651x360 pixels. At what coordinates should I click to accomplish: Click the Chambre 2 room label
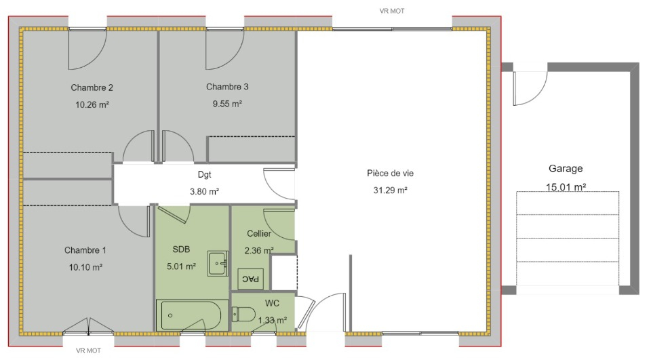[92, 87]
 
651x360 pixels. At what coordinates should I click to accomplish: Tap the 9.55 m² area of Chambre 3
[227, 104]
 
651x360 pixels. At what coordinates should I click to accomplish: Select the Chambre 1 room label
[85, 250]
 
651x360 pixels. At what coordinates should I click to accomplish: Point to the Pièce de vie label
[391, 173]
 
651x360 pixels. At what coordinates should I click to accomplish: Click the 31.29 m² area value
[391, 191]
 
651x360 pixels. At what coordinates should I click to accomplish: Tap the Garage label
[566, 169]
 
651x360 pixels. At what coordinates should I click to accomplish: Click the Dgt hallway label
[204, 175]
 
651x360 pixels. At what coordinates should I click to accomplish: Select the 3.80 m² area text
[204, 191]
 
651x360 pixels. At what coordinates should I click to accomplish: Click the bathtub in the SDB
[192, 315]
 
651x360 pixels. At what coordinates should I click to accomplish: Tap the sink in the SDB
[218, 263]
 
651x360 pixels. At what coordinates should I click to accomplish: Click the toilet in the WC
[243, 315]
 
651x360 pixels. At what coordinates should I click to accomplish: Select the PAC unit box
[250, 279]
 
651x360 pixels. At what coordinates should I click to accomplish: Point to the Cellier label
[259, 234]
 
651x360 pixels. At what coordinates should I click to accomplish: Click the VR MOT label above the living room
[392, 12]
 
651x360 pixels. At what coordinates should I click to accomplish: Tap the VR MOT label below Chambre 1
[88, 351]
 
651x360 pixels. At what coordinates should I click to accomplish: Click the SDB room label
[182, 249]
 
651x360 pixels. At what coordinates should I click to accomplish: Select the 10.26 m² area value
[92, 104]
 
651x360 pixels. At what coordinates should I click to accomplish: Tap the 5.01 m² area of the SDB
[182, 266]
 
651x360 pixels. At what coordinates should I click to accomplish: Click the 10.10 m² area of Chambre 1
[85, 267]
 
